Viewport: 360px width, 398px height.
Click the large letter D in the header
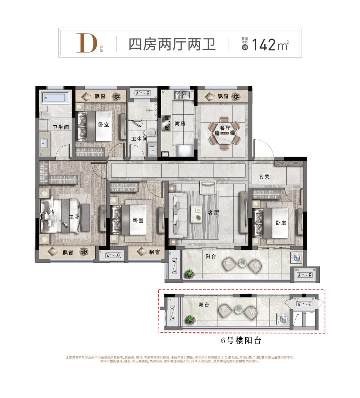tap(86, 43)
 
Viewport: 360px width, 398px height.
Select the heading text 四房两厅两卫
tap(172, 44)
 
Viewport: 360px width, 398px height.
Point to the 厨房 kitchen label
tap(180, 123)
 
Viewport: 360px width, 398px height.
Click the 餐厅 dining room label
tap(225, 128)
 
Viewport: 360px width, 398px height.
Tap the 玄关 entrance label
tap(264, 177)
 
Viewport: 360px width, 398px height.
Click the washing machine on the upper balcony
tap(297, 258)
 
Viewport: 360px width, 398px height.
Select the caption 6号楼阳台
tap(241, 341)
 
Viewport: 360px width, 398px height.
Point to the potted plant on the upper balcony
tap(189, 273)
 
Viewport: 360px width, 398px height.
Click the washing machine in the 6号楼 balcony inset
tap(282, 318)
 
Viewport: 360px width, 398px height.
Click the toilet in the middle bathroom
tap(150, 132)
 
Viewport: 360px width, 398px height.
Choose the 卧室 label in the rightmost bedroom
tap(280, 223)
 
